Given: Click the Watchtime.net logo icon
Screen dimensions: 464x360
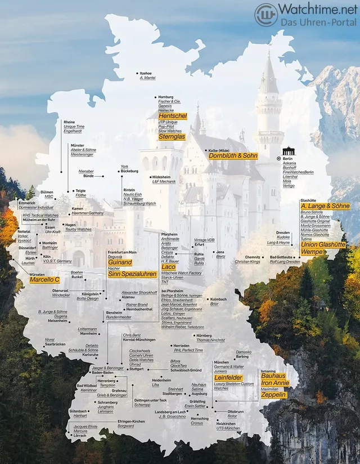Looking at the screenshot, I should pyautogui.click(x=266, y=15).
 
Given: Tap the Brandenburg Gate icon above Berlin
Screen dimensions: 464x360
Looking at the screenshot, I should pyautogui.click(x=289, y=151).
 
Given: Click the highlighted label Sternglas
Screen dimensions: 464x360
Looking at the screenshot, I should pyautogui.click(x=172, y=136).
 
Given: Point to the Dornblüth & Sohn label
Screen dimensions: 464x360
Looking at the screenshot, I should pyautogui.click(x=233, y=155).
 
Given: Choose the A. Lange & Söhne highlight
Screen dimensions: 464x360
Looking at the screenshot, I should pyautogui.click(x=325, y=206).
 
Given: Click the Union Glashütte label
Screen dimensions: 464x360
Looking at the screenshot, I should pyautogui.click(x=323, y=244).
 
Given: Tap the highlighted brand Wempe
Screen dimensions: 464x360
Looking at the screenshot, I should pyautogui.click(x=313, y=252).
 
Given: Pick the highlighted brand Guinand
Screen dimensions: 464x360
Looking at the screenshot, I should pyautogui.click(x=120, y=262).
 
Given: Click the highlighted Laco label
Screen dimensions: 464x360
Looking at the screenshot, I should pyautogui.click(x=169, y=266).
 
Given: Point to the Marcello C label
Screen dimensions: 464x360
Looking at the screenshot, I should pyautogui.click(x=44, y=279).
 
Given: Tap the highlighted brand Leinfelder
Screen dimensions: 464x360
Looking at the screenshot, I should pyautogui.click(x=228, y=377).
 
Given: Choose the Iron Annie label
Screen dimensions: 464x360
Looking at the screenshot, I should pyautogui.click(x=275, y=383).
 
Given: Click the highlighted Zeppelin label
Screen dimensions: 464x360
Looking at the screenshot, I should pyautogui.click(x=274, y=395).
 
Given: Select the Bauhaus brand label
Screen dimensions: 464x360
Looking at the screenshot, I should pyautogui.click(x=273, y=376).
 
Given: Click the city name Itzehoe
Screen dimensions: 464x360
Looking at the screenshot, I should pyautogui.click(x=146, y=73).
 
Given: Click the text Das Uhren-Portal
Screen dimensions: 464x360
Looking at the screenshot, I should pyautogui.click(x=319, y=22).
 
